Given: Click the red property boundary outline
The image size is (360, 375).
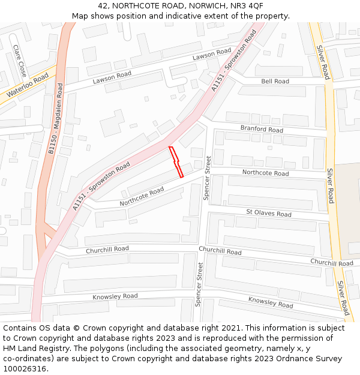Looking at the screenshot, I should [x=176, y=162].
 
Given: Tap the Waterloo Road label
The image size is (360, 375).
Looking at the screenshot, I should [x=27, y=86].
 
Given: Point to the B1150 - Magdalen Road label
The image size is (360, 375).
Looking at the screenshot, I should [x=56, y=119].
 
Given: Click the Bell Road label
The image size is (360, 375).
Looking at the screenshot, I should [x=275, y=82].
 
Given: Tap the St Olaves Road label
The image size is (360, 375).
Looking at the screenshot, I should [x=269, y=214].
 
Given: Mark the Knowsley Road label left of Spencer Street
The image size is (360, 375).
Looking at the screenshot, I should [x=115, y=296].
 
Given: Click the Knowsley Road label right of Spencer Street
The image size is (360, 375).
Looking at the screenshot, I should [x=271, y=302].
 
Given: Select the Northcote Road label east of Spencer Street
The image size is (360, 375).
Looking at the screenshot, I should [x=265, y=173].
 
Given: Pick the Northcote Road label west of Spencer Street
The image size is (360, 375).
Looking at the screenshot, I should [x=142, y=197].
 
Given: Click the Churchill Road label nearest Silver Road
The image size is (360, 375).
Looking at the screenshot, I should [x=332, y=263].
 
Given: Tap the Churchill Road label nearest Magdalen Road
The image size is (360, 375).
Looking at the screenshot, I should [x=107, y=249].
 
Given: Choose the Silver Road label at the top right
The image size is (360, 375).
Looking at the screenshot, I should [x=325, y=63].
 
